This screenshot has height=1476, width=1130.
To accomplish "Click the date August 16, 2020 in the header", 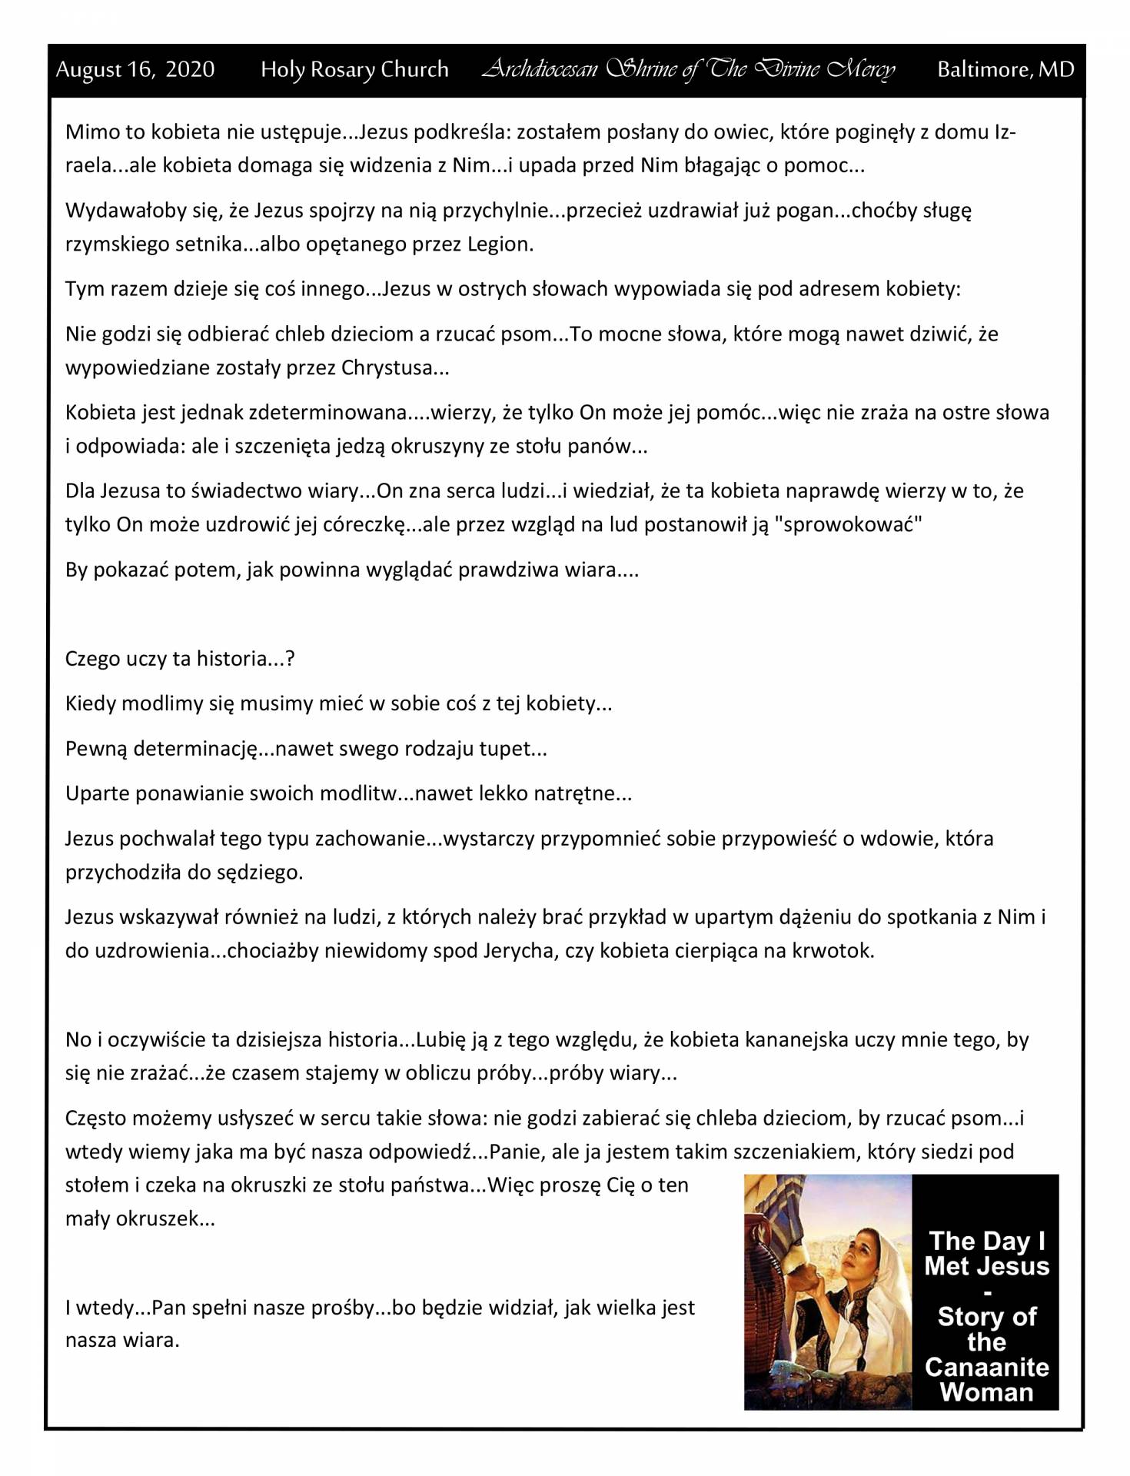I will pyautogui.click(x=135, y=70).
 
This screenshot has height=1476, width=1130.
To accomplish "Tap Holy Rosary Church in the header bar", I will pyautogui.click(x=354, y=70).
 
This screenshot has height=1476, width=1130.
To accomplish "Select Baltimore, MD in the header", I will pyautogui.click(x=1005, y=70).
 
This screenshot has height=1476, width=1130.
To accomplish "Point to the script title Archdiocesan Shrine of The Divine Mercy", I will pyautogui.click(x=688, y=70).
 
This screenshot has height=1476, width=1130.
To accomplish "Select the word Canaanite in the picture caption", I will pyautogui.click(x=986, y=1368).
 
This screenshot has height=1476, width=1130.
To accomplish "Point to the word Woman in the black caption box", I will pyautogui.click(x=986, y=1392).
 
